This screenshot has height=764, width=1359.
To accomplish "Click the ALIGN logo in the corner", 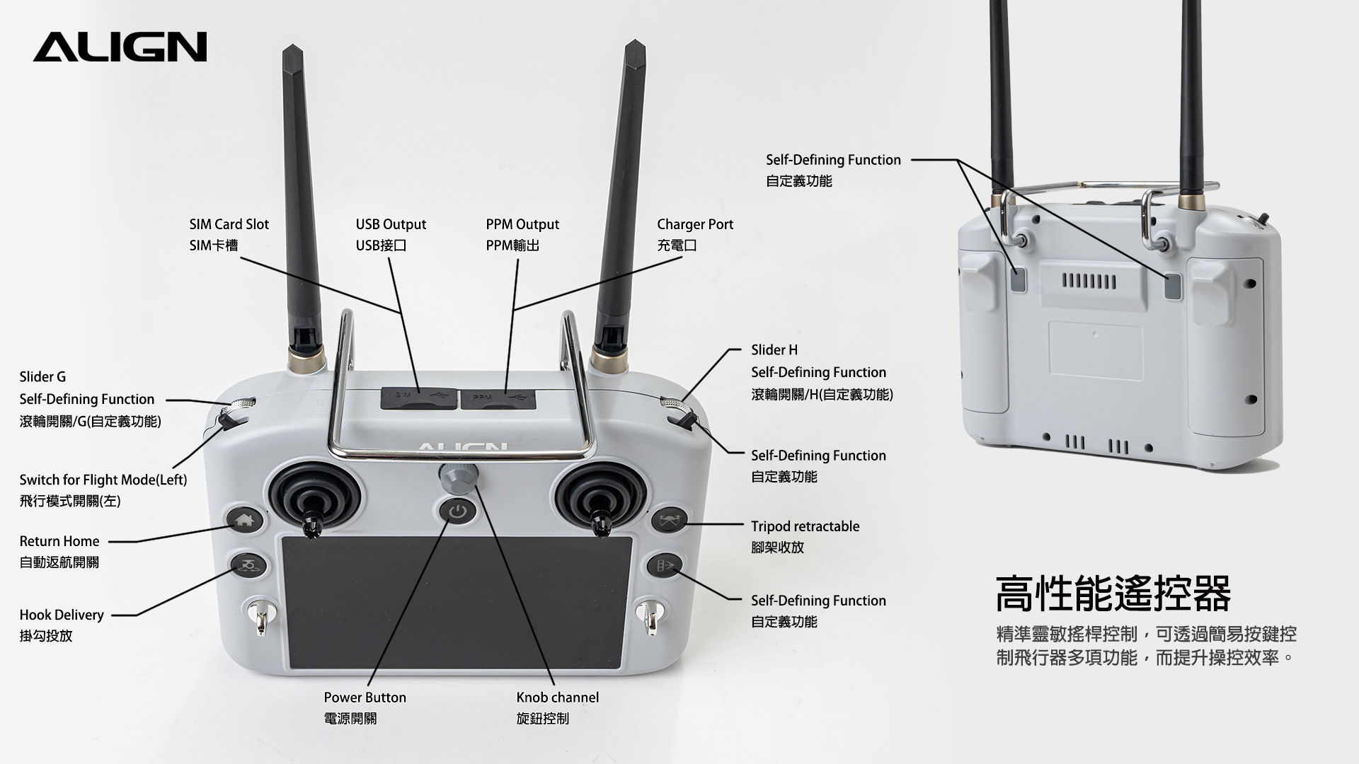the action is [120, 47].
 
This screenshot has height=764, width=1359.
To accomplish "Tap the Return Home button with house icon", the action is [244, 521].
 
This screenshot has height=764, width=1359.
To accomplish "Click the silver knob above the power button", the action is [458, 479].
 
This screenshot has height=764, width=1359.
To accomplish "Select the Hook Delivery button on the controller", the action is [248, 565].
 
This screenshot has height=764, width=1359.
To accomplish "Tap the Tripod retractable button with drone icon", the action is [668, 521].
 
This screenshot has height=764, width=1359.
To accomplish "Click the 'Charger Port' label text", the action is [694, 224].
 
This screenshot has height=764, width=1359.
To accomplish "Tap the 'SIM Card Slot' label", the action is [229, 224].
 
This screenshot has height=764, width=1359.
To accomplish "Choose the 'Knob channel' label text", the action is [557, 698].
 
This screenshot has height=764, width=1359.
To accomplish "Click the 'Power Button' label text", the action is [365, 698].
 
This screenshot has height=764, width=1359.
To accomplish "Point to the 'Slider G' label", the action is [42, 377].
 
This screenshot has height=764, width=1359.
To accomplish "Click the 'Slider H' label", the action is [774, 350].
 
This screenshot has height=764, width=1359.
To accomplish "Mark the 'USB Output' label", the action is [391, 224].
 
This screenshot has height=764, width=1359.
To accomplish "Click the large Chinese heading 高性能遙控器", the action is [1113, 594].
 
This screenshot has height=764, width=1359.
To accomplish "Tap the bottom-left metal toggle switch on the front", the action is [259, 615].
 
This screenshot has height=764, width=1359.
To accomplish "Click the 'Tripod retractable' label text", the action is [805, 526].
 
